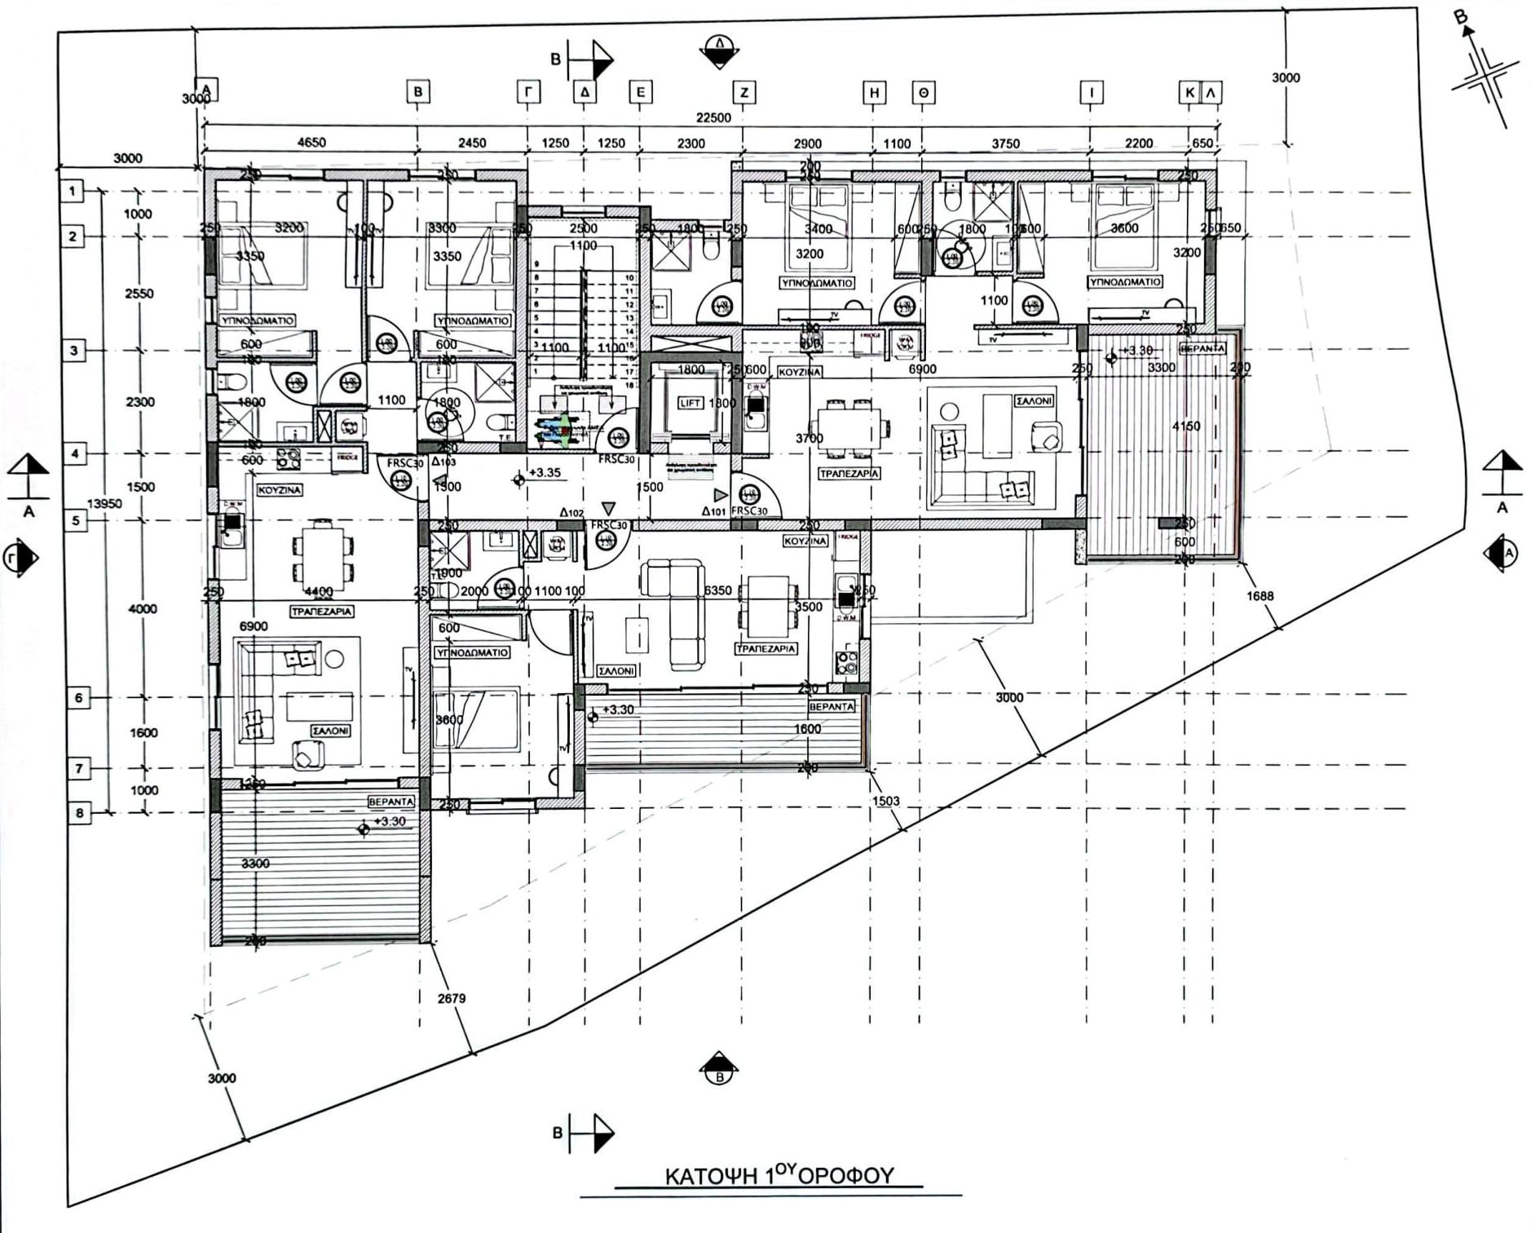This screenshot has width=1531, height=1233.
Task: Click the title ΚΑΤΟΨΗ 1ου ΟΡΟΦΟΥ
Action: (x=779, y=1175)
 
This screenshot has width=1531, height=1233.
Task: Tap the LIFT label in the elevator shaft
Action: (x=690, y=403)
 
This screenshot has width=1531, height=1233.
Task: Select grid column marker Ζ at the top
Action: (x=743, y=93)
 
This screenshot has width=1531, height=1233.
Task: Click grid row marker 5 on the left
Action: (x=76, y=519)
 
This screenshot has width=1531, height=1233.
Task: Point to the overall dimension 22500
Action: (x=713, y=117)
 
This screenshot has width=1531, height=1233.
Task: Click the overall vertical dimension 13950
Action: (x=104, y=503)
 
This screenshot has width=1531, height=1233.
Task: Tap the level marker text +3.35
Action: (x=545, y=472)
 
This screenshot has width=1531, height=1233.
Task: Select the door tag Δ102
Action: (x=571, y=513)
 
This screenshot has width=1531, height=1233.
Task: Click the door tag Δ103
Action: (x=443, y=462)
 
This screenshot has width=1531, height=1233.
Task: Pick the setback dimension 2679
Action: (x=451, y=998)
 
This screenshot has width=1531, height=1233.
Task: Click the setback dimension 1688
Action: (x=1260, y=596)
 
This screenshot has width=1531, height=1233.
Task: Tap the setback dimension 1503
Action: (x=885, y=801)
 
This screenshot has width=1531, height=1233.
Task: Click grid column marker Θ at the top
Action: (x=923, y=93)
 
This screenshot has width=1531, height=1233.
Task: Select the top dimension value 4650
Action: (x=311, y=143)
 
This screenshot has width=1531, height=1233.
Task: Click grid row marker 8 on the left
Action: (x=79, y=813)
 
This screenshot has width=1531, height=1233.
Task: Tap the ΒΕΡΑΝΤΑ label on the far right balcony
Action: (x=1202, y=348)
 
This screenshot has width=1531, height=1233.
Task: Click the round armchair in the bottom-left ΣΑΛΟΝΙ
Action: (x=307, y=757)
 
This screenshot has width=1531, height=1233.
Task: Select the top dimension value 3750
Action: (x=1005, y=144)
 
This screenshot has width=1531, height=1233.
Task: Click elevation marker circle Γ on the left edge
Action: (x=19, y=558)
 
